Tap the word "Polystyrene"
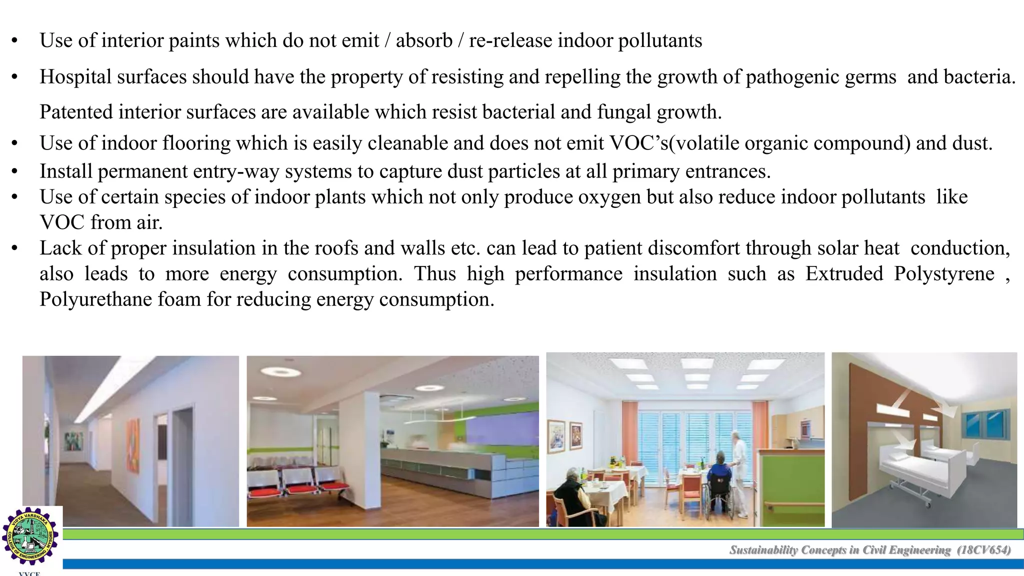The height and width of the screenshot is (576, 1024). coord(944,274)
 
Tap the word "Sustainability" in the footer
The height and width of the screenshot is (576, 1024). coord(763,550)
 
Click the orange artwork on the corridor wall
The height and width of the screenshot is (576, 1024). coord(133,445)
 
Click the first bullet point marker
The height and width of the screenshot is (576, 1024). coord(15,41)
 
